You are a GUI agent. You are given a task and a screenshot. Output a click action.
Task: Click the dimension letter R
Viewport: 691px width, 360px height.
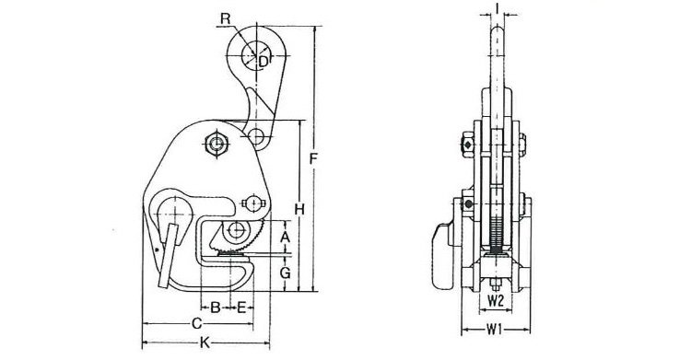pyautogui.click(x=225, y=18)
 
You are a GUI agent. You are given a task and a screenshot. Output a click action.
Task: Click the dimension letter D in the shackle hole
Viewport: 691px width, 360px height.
pyautogui.click(x=264, y=62)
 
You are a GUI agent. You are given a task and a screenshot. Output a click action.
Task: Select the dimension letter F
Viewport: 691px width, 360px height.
pyautogui.click(x=313, y=158)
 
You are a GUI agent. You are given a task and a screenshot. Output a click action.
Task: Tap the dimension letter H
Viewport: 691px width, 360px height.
pyautogui.click(x=299, y=210)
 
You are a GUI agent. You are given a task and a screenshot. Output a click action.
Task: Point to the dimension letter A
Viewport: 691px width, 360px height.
pyautogui.click(x=285, y=237)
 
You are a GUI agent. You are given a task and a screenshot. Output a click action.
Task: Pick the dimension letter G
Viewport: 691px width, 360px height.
pyautogui.click(x=285, y=273)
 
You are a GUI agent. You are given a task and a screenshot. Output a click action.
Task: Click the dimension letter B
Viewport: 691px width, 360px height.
pyautogui.click(x=215, y=308)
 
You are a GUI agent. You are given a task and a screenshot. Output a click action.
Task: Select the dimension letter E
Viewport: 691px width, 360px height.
pyautogui.click(x=241, y=308)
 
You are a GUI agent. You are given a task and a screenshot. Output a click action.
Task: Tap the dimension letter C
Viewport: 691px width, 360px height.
pyautogui.click(x=197, y=324)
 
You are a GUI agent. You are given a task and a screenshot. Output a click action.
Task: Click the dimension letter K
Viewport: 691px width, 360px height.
pyautogui.click(x=205, y=343)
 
